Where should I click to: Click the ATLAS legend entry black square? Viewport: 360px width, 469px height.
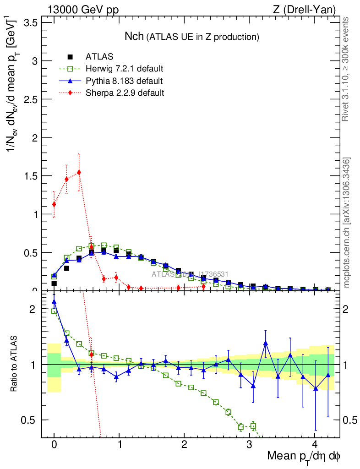[70, 57]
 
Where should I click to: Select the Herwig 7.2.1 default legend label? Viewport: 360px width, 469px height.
[125, 69]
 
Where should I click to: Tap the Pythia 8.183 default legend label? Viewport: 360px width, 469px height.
[124, 81]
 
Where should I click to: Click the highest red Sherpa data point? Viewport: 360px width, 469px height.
[79, 172]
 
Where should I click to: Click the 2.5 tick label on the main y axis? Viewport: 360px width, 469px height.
[31, 99]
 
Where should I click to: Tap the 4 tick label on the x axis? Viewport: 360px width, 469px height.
[315, 445]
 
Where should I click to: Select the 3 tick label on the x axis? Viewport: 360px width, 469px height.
[250, 445]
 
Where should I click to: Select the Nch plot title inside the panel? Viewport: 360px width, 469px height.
[192, 37]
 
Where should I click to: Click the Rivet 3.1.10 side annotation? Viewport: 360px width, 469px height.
[346, 69]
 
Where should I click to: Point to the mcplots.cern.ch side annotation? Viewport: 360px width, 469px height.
[347, 223]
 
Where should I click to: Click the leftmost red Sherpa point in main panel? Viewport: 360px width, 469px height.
[54, 204]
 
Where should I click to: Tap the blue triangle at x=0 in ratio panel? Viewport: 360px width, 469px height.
[54, 302]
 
